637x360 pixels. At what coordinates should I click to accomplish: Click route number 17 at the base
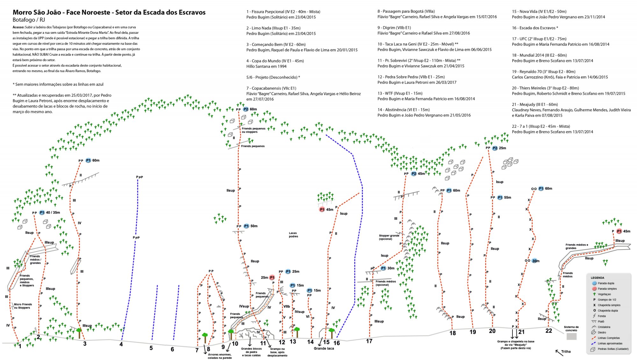[369, 341]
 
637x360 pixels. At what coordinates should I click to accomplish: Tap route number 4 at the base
[121, 344]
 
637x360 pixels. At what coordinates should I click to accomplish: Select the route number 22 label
[548, 331]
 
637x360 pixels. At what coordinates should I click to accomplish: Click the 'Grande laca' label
[324, 348]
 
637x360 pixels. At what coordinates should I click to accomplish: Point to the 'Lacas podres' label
[293, 235]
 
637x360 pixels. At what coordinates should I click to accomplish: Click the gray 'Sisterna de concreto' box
[571, 336]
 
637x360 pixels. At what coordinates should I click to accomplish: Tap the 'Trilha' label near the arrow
[566, 351]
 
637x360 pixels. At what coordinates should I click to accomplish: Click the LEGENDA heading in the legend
[597, 278]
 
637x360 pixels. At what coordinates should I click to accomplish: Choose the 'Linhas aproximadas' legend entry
[610, 343]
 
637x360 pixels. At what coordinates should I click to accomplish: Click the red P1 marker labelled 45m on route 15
[322, 209]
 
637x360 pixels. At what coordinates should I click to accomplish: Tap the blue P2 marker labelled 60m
[246, 109]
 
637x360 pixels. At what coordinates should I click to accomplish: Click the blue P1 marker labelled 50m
[246, 226]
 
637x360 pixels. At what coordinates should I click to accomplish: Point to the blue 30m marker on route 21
[535, 261]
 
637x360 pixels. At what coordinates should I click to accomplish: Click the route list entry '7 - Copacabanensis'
[271, 88]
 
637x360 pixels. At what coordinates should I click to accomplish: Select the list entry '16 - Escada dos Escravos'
[535, 28]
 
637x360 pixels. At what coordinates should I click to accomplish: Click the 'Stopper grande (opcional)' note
[389, 237]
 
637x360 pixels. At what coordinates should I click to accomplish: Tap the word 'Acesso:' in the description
[18, 27]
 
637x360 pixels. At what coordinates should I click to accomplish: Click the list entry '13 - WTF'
[400, 93]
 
